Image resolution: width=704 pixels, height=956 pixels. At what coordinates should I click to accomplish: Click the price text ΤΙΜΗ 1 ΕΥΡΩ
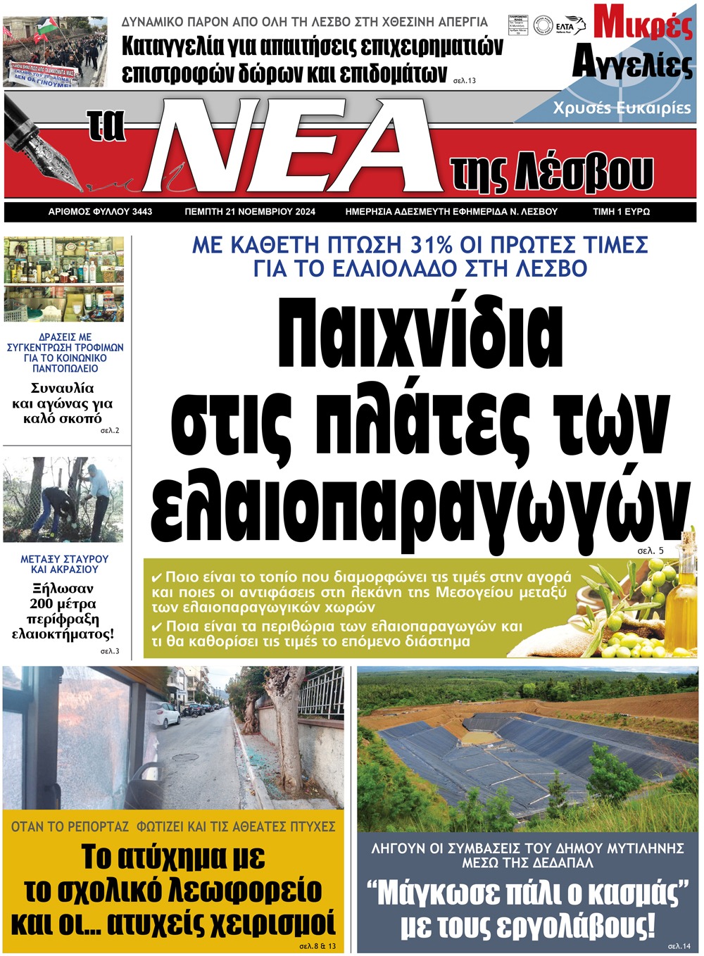point(621,211)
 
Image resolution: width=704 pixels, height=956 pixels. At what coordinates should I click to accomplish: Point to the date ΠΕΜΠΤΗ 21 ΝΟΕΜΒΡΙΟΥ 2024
point(250,211)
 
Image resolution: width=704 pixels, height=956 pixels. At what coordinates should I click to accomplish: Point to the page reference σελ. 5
point(650,551)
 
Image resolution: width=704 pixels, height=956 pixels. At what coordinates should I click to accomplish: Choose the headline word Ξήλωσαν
point(63,589)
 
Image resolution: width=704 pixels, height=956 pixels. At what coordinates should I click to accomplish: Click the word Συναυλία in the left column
point(62,388)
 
